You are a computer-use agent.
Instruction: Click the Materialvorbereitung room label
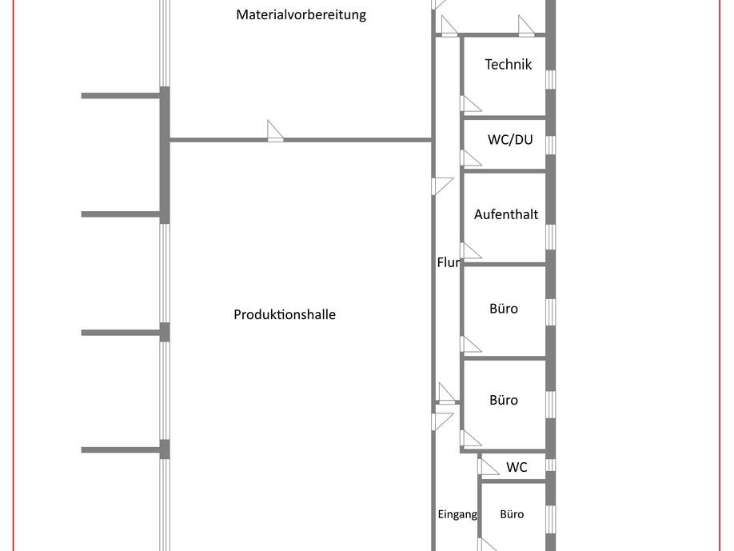301,14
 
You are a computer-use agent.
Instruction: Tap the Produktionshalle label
285,314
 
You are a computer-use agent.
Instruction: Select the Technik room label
509,64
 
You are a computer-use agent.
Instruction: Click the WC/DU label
510,139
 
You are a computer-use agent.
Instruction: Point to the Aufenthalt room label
506,214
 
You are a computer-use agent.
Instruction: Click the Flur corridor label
448,262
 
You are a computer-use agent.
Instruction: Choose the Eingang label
457,514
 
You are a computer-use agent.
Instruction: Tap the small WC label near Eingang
517,467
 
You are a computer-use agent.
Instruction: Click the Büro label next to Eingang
512,514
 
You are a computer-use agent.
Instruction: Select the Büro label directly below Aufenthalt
504,308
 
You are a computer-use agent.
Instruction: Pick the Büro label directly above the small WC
504,400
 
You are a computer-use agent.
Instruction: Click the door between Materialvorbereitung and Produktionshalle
275,131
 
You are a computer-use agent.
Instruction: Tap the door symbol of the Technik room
470,104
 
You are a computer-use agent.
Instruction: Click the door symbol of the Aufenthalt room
470,251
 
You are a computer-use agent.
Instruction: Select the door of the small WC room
487,465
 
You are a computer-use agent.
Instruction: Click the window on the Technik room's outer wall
550,79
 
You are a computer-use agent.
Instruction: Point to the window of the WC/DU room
550,144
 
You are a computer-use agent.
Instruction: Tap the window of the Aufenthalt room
550,237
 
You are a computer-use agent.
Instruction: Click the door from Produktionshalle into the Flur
441,186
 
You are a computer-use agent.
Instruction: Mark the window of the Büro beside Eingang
550,519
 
